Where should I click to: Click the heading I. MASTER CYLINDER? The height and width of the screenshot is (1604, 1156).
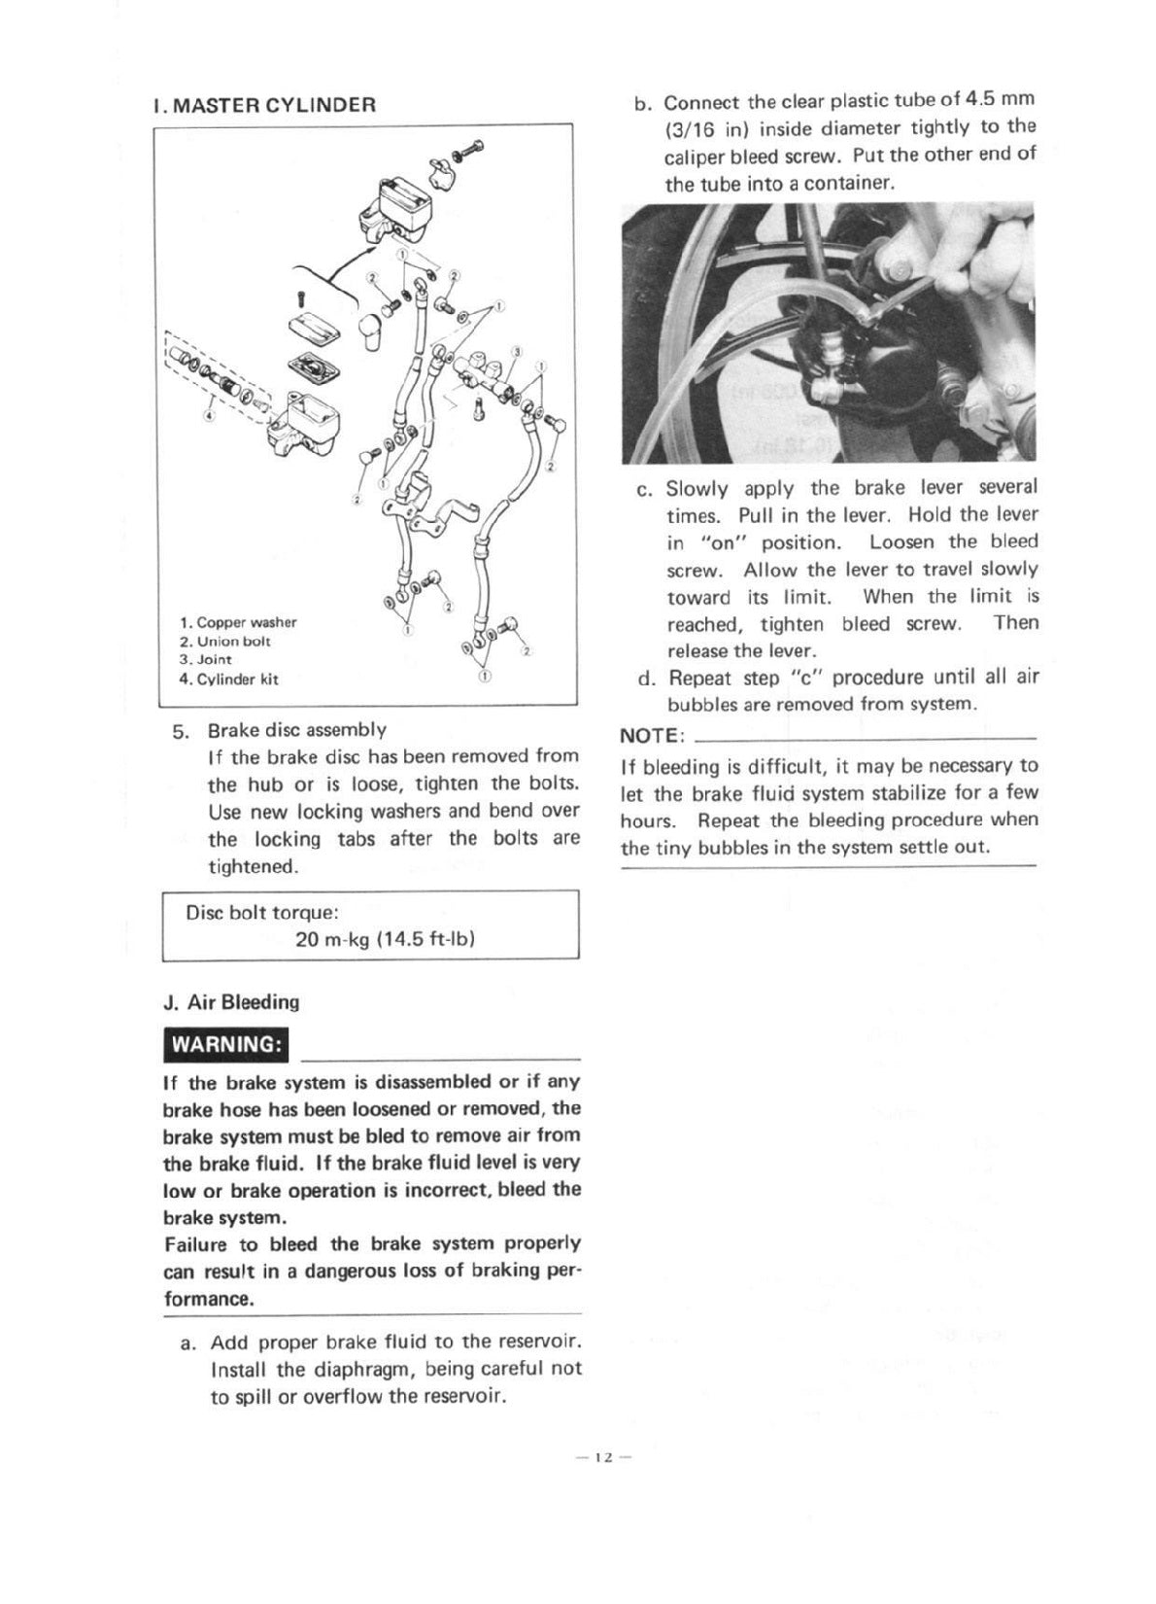click(264, 105)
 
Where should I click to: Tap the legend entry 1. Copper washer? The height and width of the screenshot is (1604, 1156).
click(238, 622)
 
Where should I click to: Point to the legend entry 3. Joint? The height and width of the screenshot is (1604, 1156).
click(205, 659)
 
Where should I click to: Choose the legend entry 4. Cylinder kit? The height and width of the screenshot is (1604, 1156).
click(228, 680)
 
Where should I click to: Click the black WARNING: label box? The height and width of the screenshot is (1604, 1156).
click(226, 1045)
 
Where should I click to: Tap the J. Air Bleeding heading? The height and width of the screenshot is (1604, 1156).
click(232, 1002)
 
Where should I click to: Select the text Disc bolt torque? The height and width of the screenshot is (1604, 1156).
click(262, 913)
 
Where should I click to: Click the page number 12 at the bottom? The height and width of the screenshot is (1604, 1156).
click(603, 1457)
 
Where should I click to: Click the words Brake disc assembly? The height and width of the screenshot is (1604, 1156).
click(297, 729)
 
